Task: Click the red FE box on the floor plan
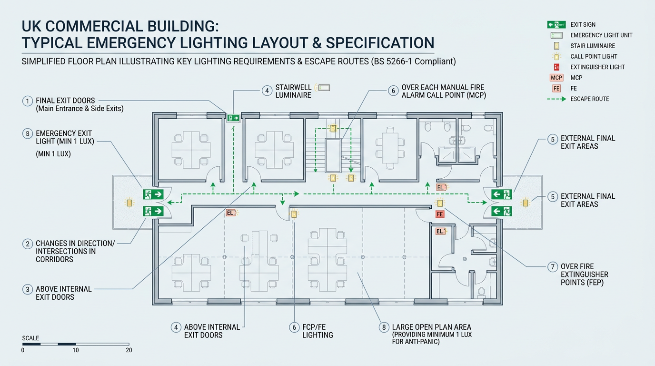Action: click(x=439, y=214)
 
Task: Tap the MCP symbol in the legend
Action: click(x=556, y=78)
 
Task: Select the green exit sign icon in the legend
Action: click(x=556, y=25)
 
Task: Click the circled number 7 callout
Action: click(x=552, y=267)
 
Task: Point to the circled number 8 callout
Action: click(x=384, y=327)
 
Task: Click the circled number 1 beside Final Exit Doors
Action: click(x=28, y=102)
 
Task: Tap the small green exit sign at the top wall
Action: click(x=233, y=118)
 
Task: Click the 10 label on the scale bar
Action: click(x=76, y=350)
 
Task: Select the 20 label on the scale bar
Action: click(x=129, y=350)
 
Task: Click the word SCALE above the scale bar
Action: click(x=30, y=338)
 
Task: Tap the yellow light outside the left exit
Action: click(x=129, y=203)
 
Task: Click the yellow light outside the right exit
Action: click(x=525, y=203)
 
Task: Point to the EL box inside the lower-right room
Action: click(x=440, y=231)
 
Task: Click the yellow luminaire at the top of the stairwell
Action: click(x=333, y=128)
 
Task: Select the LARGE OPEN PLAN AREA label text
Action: click(x=432, y=327)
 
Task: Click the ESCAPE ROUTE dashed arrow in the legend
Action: click(x=556, y=99)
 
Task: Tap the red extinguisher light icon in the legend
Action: click(x=556, y=67)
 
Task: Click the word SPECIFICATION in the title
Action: click(x=380, y=43)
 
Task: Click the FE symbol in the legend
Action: click(x=556, y=89)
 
